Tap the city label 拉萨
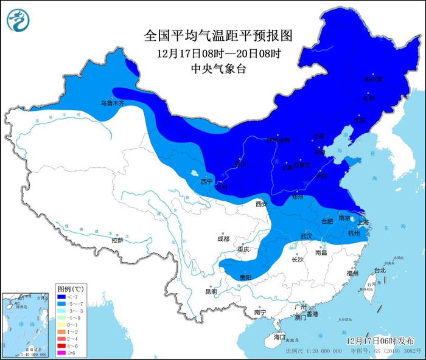tap(117, 240)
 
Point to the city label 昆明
tap(211, 291)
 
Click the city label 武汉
tap(306, 235)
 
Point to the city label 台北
tap(379, 269)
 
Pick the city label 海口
tap(279, 336)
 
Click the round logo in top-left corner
tap(18, 19)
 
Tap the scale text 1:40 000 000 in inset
tap(34, 354)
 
